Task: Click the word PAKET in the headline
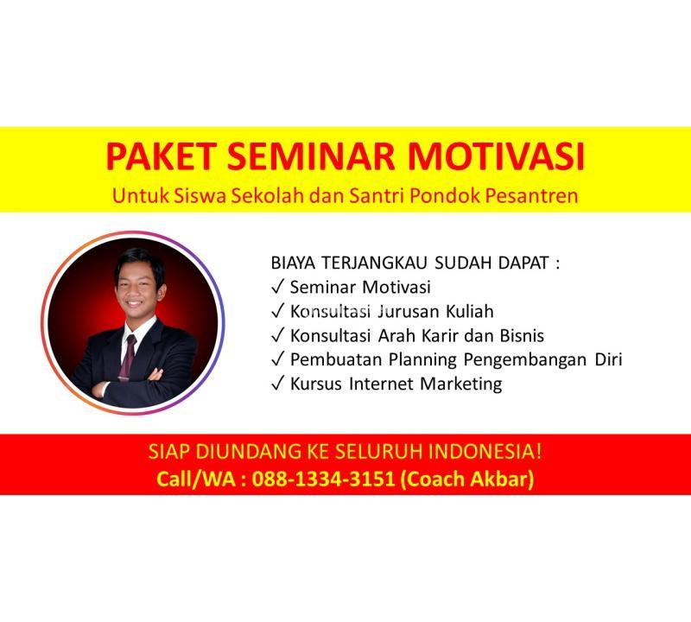pyautogui.click(x=161, y=156)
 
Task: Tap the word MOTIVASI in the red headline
pyautogui.click(x=496, y=156)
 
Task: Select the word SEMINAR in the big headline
pyautogui.click(x=311, y=156)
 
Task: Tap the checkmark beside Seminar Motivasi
pyautogui.click(x=277, y=287)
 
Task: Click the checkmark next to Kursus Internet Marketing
pyautogui.click(x=277, y=384)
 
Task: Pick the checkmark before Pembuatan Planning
pyautogui.click(x=277, y=359)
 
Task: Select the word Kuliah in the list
pyautogui.click(x=469, y=311)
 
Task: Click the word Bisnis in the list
pyautogui.click(x=522, y=335)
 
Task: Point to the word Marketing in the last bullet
pyautogui.click(x=460, y=384)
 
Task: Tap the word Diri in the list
pyautogui.click(x=609, y=359)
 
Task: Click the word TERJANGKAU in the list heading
pyautogui.click(x=374, y=263)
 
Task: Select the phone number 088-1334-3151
pyautogui.click(x=323, y=479)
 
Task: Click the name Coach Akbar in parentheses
pyautogui.click(x=467, y=479)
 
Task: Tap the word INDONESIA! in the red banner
pyautogui.click(x=485, y=452)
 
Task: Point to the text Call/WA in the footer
pyautogui.click(x=196, y=479)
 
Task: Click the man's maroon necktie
pyautogui.click(x=127, y=357)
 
